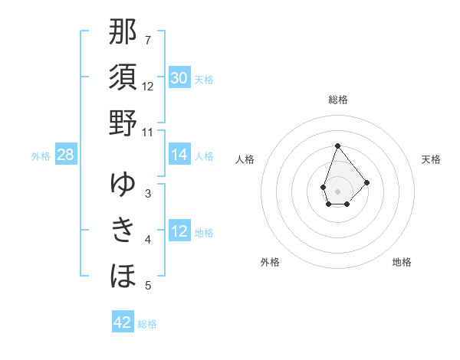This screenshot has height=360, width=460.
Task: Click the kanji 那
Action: (123, 33)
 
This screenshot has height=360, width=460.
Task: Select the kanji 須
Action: (123, 77)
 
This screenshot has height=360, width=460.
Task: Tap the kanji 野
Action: (123, 123)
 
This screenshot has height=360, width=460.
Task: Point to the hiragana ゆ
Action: (123, 185)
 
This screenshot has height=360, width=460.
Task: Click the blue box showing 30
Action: (179, 78)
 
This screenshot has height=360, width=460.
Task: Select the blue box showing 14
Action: (179, 155)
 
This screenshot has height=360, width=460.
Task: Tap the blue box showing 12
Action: (179, 232)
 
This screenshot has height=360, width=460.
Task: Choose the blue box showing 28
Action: (65, 155)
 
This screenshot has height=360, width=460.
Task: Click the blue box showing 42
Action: (123, 322)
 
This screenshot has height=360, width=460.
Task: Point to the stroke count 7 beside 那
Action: (148, 40)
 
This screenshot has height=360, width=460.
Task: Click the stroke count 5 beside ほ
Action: (148, 286)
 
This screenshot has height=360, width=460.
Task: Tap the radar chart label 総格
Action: (337, 100)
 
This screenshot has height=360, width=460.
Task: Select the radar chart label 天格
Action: (431, 159)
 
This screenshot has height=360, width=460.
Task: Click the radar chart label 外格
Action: (270, 262)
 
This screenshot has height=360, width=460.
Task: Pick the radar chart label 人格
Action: (245, 159)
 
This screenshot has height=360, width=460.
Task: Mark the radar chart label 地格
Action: (402, 262)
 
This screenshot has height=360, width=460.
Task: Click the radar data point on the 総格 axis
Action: (337, 146)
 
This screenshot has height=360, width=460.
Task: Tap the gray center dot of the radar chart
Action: (337, 190)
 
